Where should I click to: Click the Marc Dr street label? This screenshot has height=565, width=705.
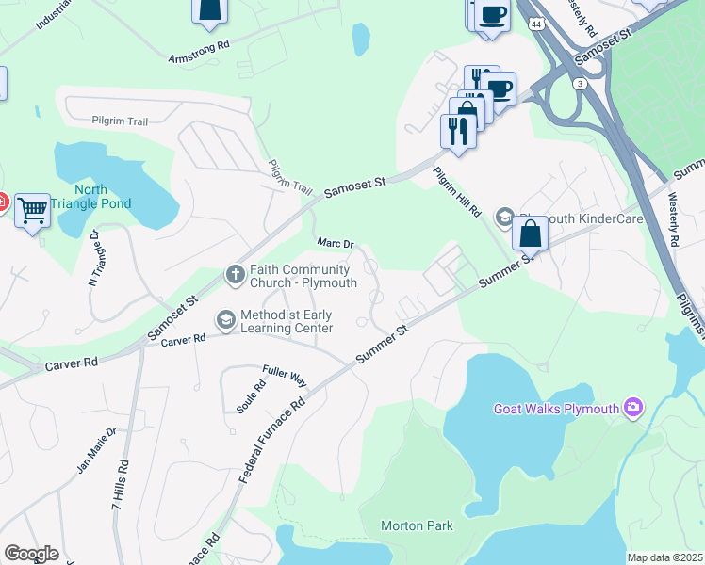click(x=335, y=243)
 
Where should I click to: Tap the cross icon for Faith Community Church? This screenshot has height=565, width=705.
click(x=236, y=275)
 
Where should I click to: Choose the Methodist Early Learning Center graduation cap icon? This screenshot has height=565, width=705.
click(x=226, y=321)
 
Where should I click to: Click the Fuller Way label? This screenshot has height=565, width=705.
click(x=285, y=379)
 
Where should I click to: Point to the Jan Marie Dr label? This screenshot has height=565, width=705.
click(x=96, y=450)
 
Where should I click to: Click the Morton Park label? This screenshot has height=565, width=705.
click(x=417, y=525)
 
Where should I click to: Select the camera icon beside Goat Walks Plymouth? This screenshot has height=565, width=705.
click(x=632, y=408)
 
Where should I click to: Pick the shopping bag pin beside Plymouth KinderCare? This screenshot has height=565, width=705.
click(x=531, y=233)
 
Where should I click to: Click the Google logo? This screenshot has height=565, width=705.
click(x=31, y=554)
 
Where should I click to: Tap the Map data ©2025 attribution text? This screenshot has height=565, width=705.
click(x=664, y=557)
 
